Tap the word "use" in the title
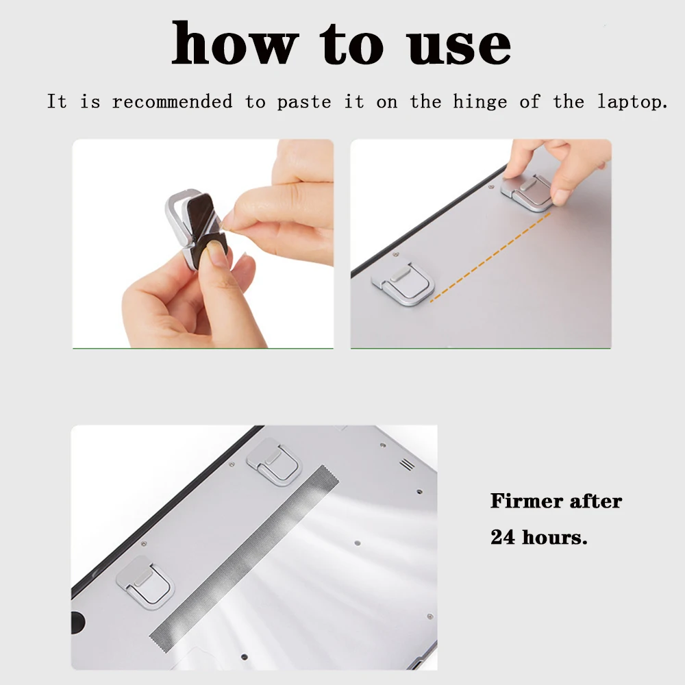coord(458,44)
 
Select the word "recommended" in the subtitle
coord(173,102)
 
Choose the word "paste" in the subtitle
coord(304,102)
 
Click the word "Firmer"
coord(522,501)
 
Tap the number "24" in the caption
coord(503,536)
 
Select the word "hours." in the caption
coord(555,536)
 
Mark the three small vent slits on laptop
coord(407,464)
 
